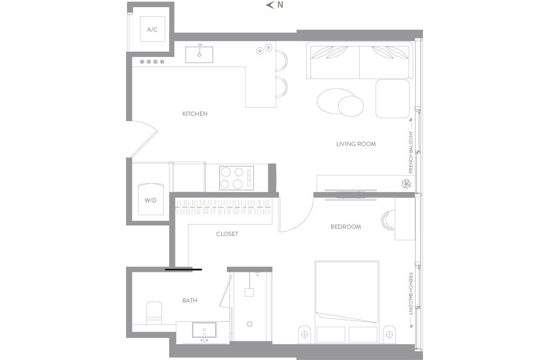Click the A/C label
152,30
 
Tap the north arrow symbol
270,5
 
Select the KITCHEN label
194,114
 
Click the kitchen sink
199,54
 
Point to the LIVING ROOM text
356,144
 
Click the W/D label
150,201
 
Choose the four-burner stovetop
237,178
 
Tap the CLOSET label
227,234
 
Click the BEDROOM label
345,227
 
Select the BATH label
190,300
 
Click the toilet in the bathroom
154,313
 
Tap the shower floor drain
250,324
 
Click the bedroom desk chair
387,221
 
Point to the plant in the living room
407,184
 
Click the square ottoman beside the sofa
392,99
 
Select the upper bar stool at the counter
282,60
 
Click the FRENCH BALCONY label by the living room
411,152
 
